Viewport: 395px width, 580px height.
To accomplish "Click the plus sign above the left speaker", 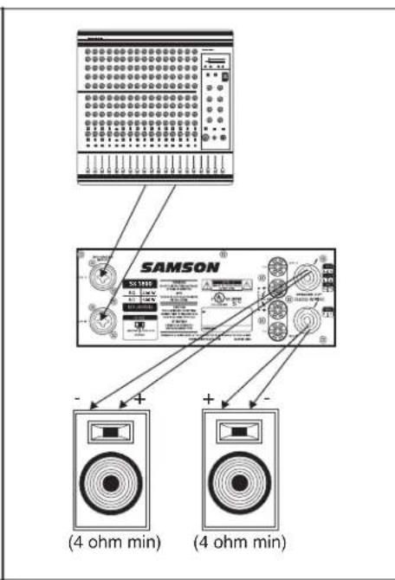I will pos(140,400).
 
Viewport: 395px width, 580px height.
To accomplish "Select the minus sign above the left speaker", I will pos(77,398).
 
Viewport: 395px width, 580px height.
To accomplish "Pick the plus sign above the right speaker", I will pos(209,399).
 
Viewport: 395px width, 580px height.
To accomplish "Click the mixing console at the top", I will pos(153,104).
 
